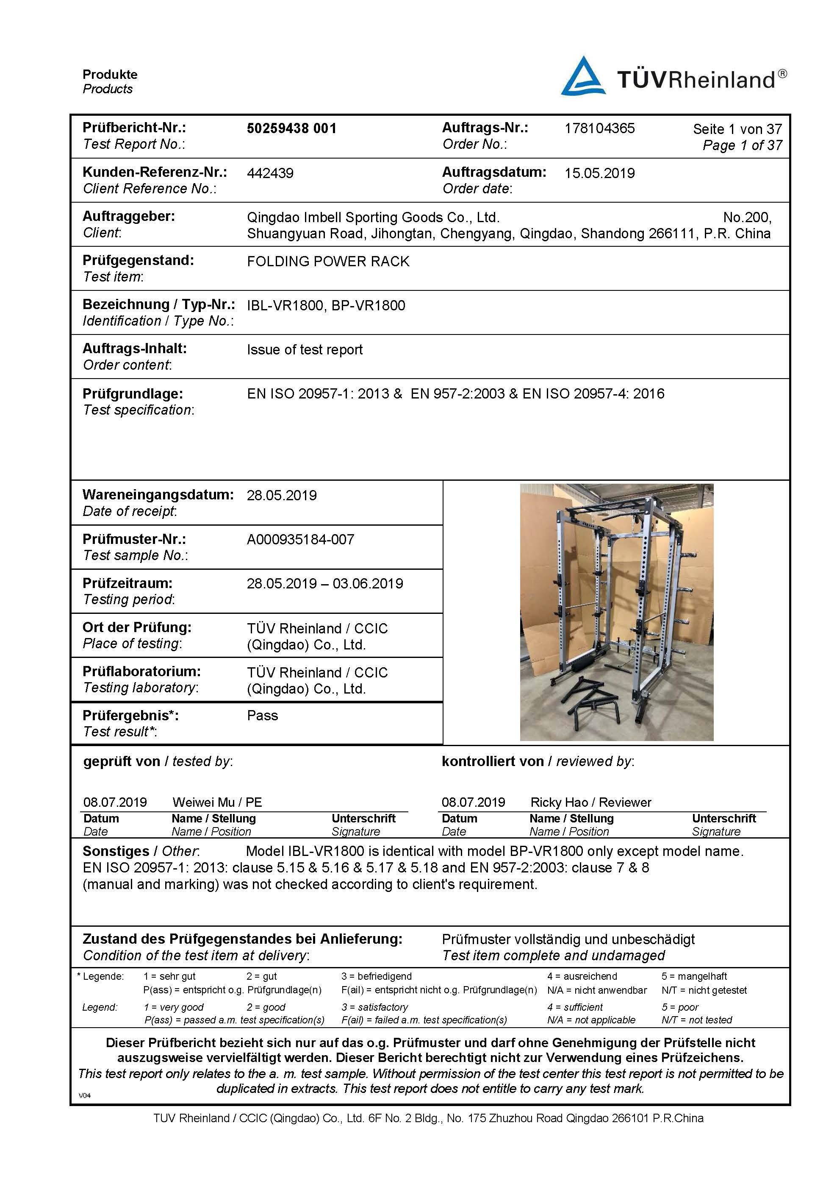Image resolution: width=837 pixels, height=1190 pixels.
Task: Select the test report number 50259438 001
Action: tap(291, 128)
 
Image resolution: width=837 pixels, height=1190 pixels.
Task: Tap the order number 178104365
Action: tap(599, 128)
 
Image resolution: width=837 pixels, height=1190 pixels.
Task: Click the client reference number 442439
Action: tap(270, 173)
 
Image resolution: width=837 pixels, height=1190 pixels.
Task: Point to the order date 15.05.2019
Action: tap(599, 173)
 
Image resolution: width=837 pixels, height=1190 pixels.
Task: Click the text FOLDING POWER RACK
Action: tap(328, 261)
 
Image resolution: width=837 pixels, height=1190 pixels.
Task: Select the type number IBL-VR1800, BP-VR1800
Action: tap(326, 305)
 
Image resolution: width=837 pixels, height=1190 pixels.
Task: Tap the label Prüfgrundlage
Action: tap(133, 393)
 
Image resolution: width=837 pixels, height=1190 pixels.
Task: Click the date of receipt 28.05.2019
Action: tap(281, 495)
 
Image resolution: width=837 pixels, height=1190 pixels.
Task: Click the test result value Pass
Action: tap(262, 715)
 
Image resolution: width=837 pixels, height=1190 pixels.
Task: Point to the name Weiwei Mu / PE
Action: tap(217, 803)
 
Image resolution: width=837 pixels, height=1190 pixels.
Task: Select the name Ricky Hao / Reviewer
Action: tap(590, 803)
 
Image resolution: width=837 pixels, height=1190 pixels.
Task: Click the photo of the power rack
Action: tap(616, 612)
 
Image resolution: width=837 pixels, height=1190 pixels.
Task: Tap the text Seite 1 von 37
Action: tap(737, 129)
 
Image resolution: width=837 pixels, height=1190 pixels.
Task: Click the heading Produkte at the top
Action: tap(110, 75)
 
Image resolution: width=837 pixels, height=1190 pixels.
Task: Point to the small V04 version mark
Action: tap(84, 1095)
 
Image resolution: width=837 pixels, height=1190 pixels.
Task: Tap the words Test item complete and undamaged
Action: tap(553, 955)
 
